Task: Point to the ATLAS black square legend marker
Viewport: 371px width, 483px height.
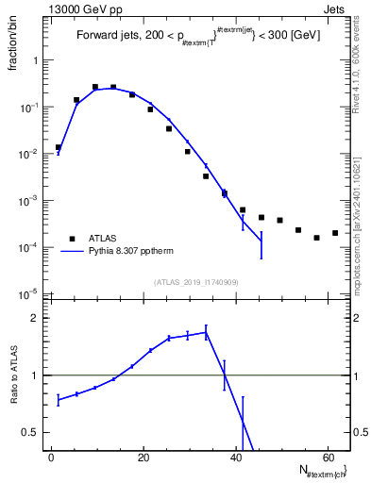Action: [71, 240]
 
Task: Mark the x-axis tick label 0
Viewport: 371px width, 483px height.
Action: [52, 457]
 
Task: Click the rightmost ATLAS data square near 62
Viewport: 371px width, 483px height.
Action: [335, 233]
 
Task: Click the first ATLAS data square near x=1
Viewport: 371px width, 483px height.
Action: [59, 147]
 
